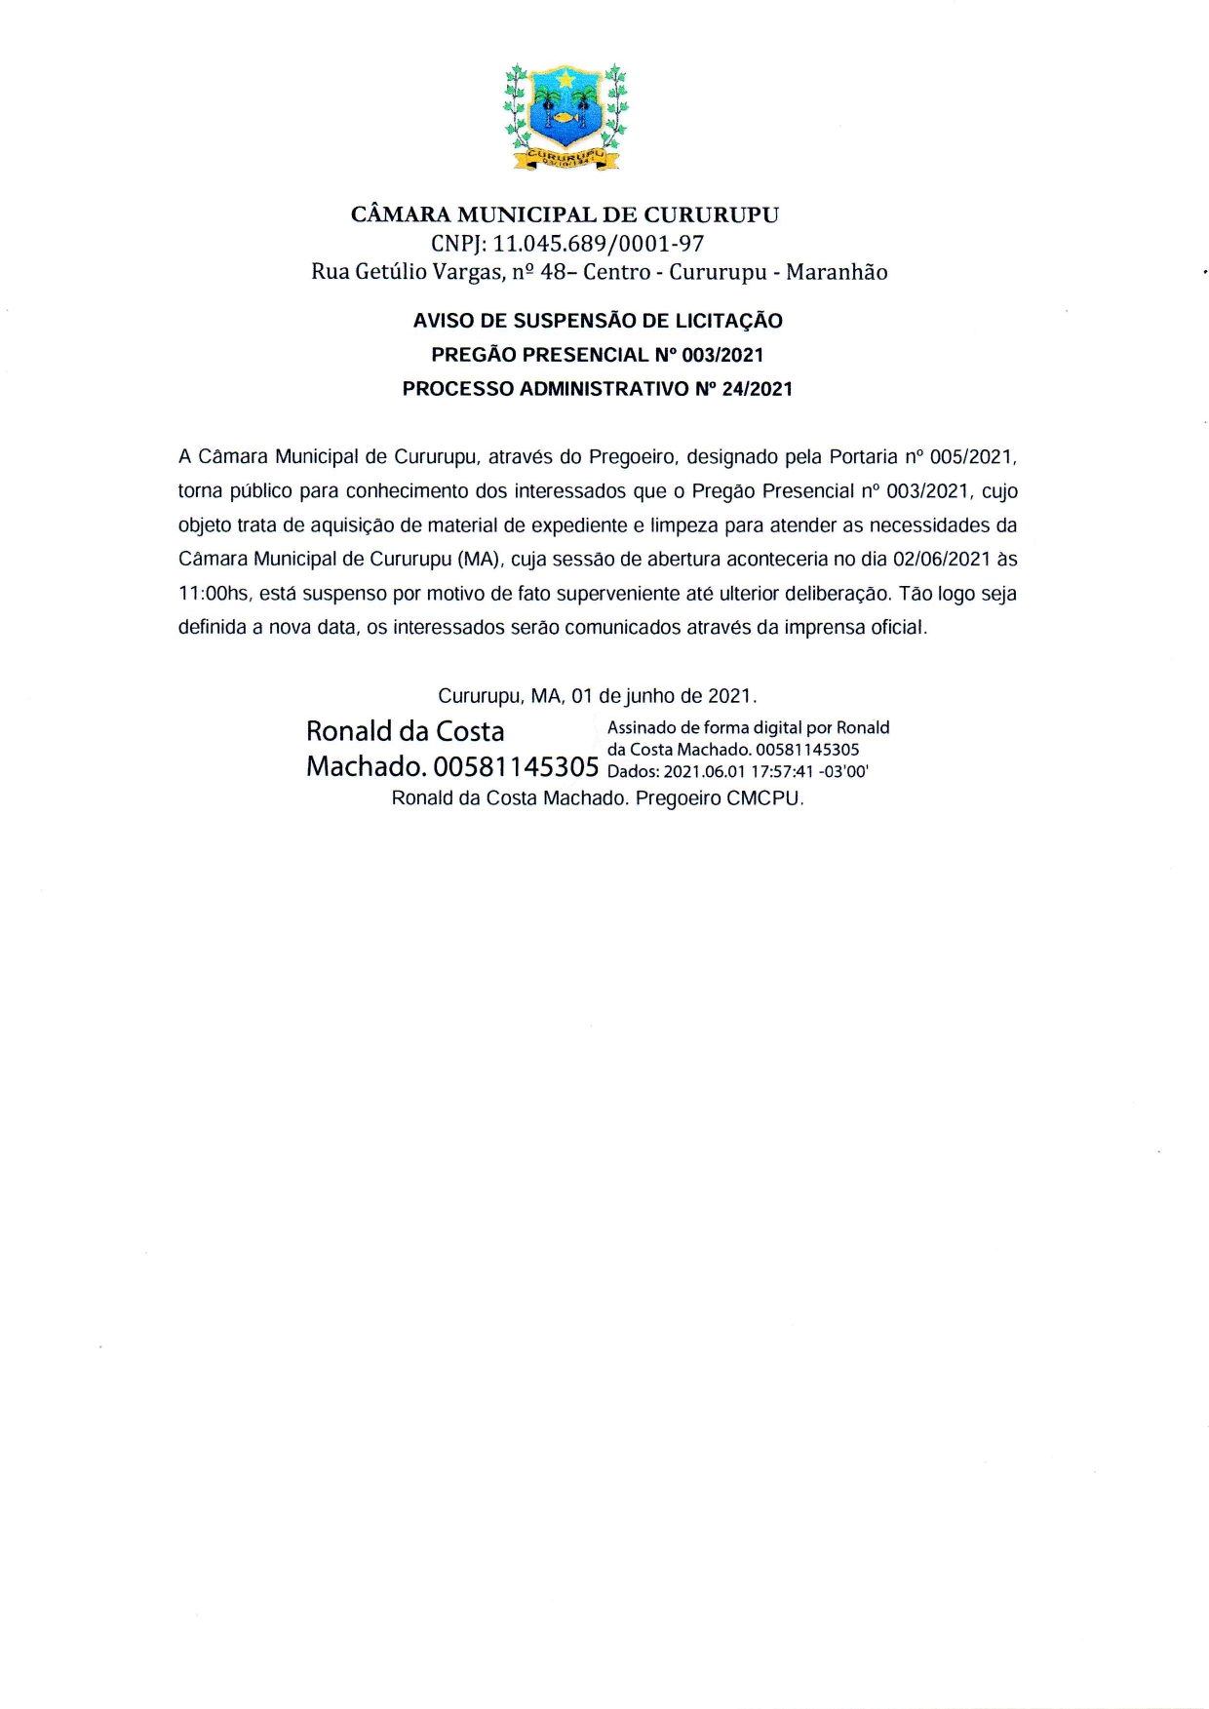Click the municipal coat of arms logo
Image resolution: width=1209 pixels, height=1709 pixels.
point(565,117)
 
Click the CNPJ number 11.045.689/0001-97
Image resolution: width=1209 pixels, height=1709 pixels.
point(598,244)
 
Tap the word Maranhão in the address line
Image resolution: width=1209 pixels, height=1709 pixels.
point(837,272)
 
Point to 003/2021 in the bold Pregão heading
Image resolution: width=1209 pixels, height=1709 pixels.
point(722,355)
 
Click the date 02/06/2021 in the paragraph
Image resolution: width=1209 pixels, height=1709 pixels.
point(941,560)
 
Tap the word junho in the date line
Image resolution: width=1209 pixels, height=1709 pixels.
point(649,696)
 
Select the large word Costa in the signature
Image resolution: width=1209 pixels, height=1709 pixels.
point(469,731)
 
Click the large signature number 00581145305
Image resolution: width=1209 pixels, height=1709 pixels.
point(516,766)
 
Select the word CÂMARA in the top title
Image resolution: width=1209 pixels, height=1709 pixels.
point(400,214)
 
